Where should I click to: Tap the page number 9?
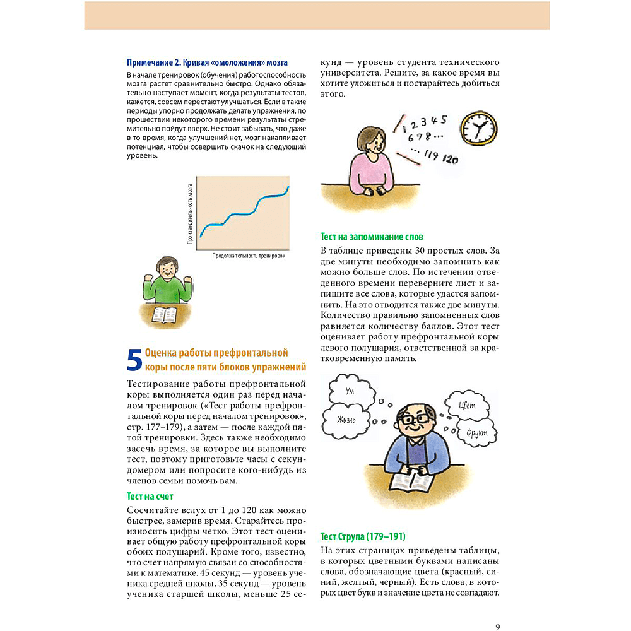[x=498, y=609]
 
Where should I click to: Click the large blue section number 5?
[x=134, y=360]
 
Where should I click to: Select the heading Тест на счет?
[x=150, y=497]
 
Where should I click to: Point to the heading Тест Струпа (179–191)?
[x=363, y=536]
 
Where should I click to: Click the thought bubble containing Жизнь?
[x=346, y=420]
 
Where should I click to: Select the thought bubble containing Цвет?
[x=468, y=406]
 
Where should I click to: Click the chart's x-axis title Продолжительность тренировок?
[x=249, y=256]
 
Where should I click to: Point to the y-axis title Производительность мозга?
[x=189, y=215]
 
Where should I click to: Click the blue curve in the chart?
[x=244, y=212]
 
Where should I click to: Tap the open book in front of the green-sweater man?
[x=166, y=314]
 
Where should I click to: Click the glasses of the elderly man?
[x=416, y=419]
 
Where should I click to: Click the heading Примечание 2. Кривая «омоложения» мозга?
[x=207, y=62]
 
